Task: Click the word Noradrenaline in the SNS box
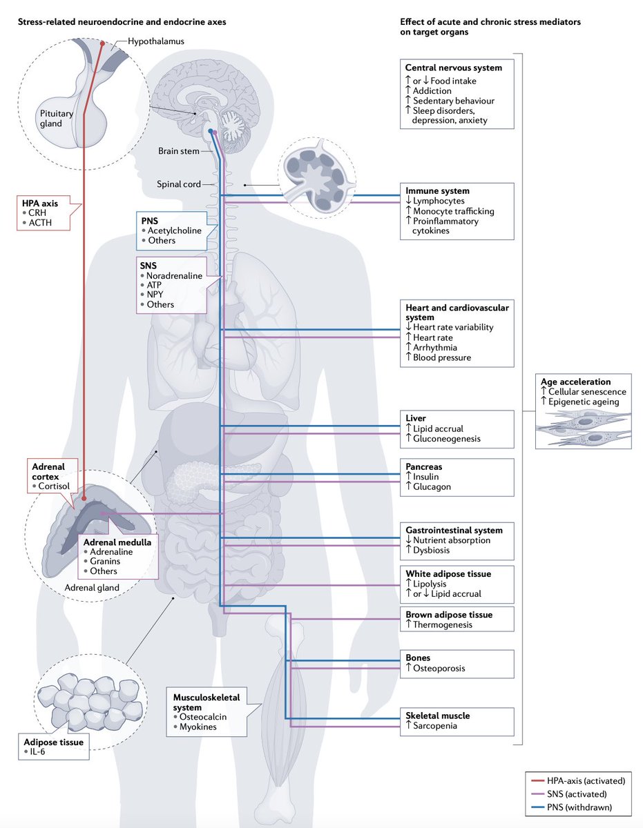[x=173, y=275]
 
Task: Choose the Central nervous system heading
[x=453, y=68]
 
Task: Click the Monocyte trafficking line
[x=454, y=211]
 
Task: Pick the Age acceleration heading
[x=577, y=381]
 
